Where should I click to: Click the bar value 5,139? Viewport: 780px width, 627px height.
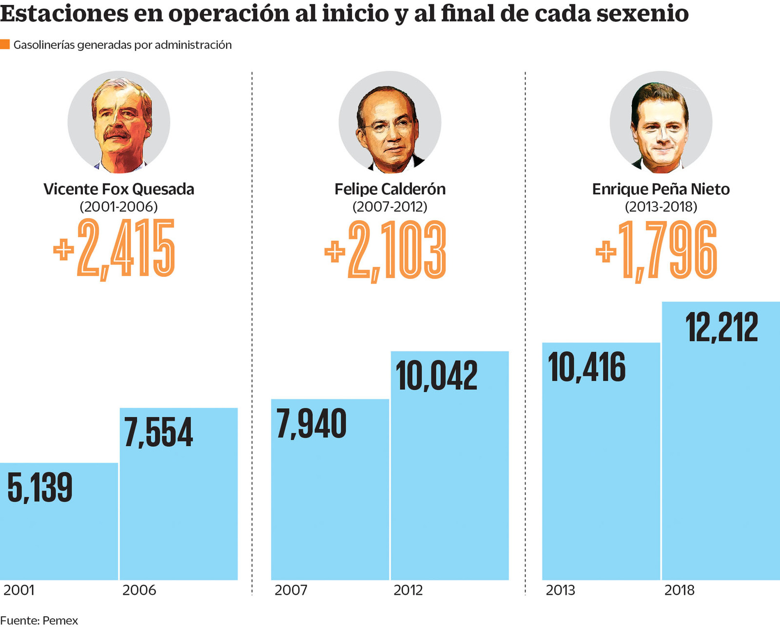(x=40, y=488)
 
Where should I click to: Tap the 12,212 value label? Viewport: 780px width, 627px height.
(x=721, y=327)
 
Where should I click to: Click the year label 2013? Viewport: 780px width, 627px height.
(x=560, y=590)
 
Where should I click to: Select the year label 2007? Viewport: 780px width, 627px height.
(x=291, y=590)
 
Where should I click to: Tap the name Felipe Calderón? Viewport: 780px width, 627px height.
(x=390, y=189)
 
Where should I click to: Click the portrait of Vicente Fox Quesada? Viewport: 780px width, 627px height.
(x=119, y=123)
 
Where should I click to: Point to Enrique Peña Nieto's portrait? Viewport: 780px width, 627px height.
(x=661, y=123)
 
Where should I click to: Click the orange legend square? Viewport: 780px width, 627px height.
(x=5, y=44)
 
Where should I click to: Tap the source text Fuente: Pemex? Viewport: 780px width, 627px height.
(x=39, y=621)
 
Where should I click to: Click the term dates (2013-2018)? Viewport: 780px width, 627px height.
(x=661, y=207)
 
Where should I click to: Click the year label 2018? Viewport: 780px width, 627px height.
(x=679, y=590)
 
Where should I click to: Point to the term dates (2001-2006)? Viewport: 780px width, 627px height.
(x=119, y=207)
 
